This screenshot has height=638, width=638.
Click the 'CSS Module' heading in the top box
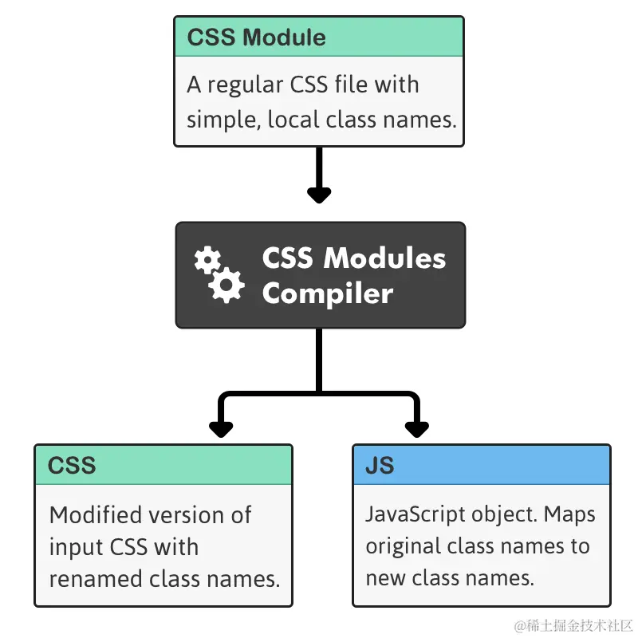click(x=256, y=37)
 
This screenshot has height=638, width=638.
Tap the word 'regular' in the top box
click(x=245, y=86)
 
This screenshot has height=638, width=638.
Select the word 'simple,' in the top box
click(x=223, y=121)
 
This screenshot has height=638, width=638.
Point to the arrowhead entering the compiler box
click(x=319, y=195)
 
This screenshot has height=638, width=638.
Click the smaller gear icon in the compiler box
click(x=207, y=260)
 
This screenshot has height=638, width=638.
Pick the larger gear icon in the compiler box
click(x=226, y=285)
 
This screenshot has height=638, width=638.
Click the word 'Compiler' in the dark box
click(x=328, y=293)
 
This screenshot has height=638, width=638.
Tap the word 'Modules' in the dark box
click(x=384, y=258)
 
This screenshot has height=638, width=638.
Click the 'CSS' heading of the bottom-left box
click(x=72, y=466)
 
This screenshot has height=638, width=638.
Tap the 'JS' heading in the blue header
click(x=380, y=466)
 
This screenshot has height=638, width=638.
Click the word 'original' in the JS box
click(x=404, y=547)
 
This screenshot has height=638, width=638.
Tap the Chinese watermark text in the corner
click(x=573, y=625)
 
